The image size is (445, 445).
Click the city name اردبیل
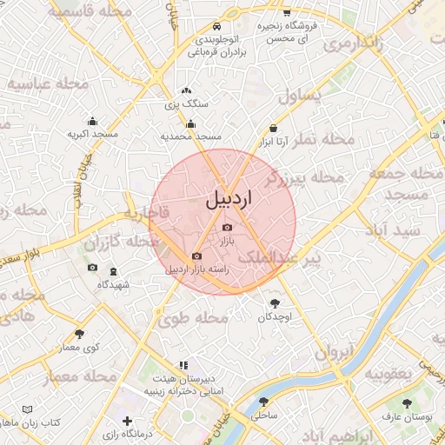[x=229, y=199]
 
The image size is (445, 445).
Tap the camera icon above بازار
[x=227, y=227]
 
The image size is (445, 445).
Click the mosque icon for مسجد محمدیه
[x=191, y=124]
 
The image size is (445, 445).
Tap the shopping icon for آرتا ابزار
[x=273, y=128]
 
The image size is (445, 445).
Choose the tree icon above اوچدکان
[x=276, y=303]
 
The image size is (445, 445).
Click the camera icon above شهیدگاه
[x=92, y=267]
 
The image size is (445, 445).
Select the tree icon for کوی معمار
[x=80, y=334]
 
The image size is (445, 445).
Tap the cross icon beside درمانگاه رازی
[x=128, y=422]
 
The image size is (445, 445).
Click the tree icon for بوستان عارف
[x=407, y=403]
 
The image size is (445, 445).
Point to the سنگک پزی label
[x=186, y=103]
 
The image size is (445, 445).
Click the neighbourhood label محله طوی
[x=192, y=319]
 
